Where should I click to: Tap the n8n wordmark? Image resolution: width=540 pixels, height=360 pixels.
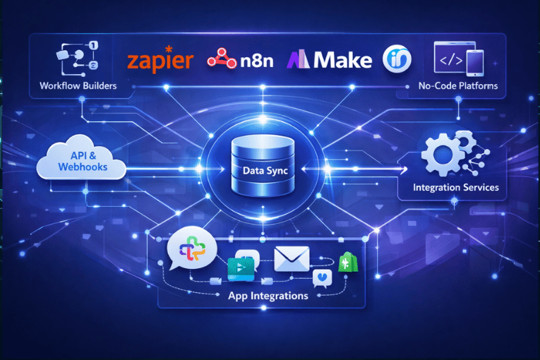257,61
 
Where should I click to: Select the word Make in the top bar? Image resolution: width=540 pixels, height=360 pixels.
342,60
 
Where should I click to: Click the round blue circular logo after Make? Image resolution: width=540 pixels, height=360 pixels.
397,59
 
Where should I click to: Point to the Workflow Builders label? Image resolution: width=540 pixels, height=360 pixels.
78,86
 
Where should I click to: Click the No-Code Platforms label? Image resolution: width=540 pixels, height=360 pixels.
458,86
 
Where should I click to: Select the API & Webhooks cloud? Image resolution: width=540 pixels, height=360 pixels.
82,158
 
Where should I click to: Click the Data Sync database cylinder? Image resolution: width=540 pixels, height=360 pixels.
263,166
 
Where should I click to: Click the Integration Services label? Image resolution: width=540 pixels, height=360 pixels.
455,187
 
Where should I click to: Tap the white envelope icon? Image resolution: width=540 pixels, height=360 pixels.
292,259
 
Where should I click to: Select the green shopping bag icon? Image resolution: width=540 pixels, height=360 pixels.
348,262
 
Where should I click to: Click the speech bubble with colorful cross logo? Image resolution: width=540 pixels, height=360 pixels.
191,248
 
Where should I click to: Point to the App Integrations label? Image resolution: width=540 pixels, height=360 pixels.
268,296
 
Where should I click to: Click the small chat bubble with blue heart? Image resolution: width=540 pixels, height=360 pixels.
323,278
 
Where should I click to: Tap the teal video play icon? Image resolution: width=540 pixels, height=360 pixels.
241,269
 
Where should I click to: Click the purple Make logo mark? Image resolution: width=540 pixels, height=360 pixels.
299,59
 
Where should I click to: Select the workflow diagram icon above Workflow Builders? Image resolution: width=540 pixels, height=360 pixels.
78,59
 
